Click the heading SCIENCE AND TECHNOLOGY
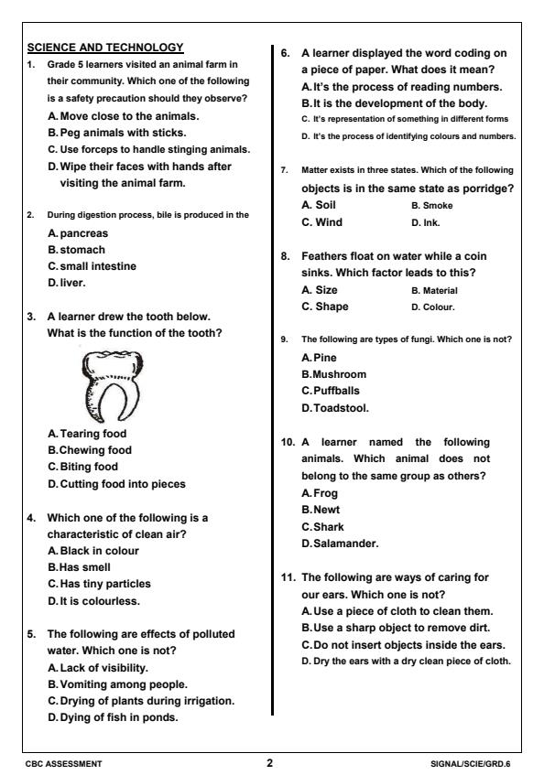point(106,47)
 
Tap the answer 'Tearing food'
point(87,434)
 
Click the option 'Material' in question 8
point(439,290)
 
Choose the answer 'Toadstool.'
point(335,407)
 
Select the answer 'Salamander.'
point(340,543)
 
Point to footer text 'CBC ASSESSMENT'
point(64,761)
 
